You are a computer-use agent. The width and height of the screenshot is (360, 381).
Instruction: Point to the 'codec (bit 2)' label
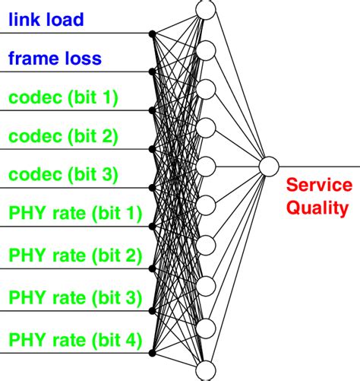point(63,136)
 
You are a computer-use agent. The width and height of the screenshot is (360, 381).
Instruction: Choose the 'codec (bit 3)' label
point(63,175)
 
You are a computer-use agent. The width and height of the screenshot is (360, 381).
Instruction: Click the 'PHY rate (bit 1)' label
point(74,214)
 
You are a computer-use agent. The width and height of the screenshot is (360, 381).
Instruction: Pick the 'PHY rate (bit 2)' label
point(74,255)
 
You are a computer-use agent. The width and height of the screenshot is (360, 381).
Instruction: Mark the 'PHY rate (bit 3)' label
point(74,297)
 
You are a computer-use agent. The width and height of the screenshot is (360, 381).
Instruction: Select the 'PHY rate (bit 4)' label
point(74,340)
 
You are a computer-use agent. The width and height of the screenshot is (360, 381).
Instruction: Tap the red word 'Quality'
point(320,207)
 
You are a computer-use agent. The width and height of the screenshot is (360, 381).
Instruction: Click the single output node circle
point(270,165)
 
